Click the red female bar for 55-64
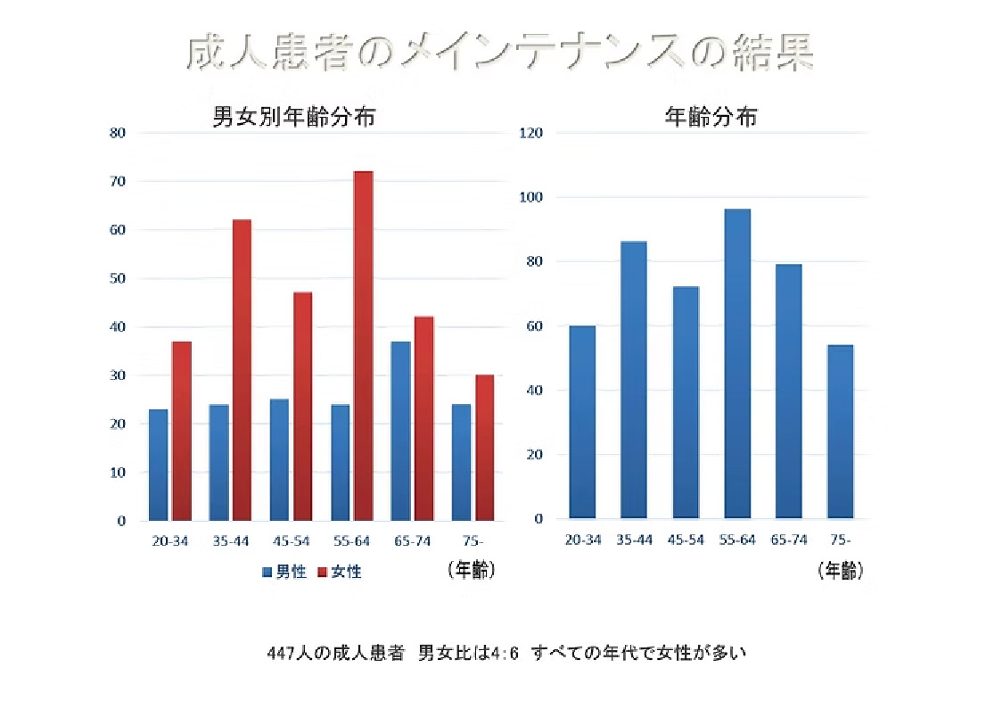click(363, 345)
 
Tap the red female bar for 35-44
click(242, 369)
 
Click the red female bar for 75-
click(484, 447)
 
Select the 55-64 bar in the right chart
click(736, 363)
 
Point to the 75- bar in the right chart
click(840, 431)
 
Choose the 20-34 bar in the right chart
click(582, 422)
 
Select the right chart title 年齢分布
click(711, 117)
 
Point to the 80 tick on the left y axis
click(118, 133)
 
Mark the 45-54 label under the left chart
click(292, 541)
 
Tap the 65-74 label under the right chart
click(788, 540)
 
